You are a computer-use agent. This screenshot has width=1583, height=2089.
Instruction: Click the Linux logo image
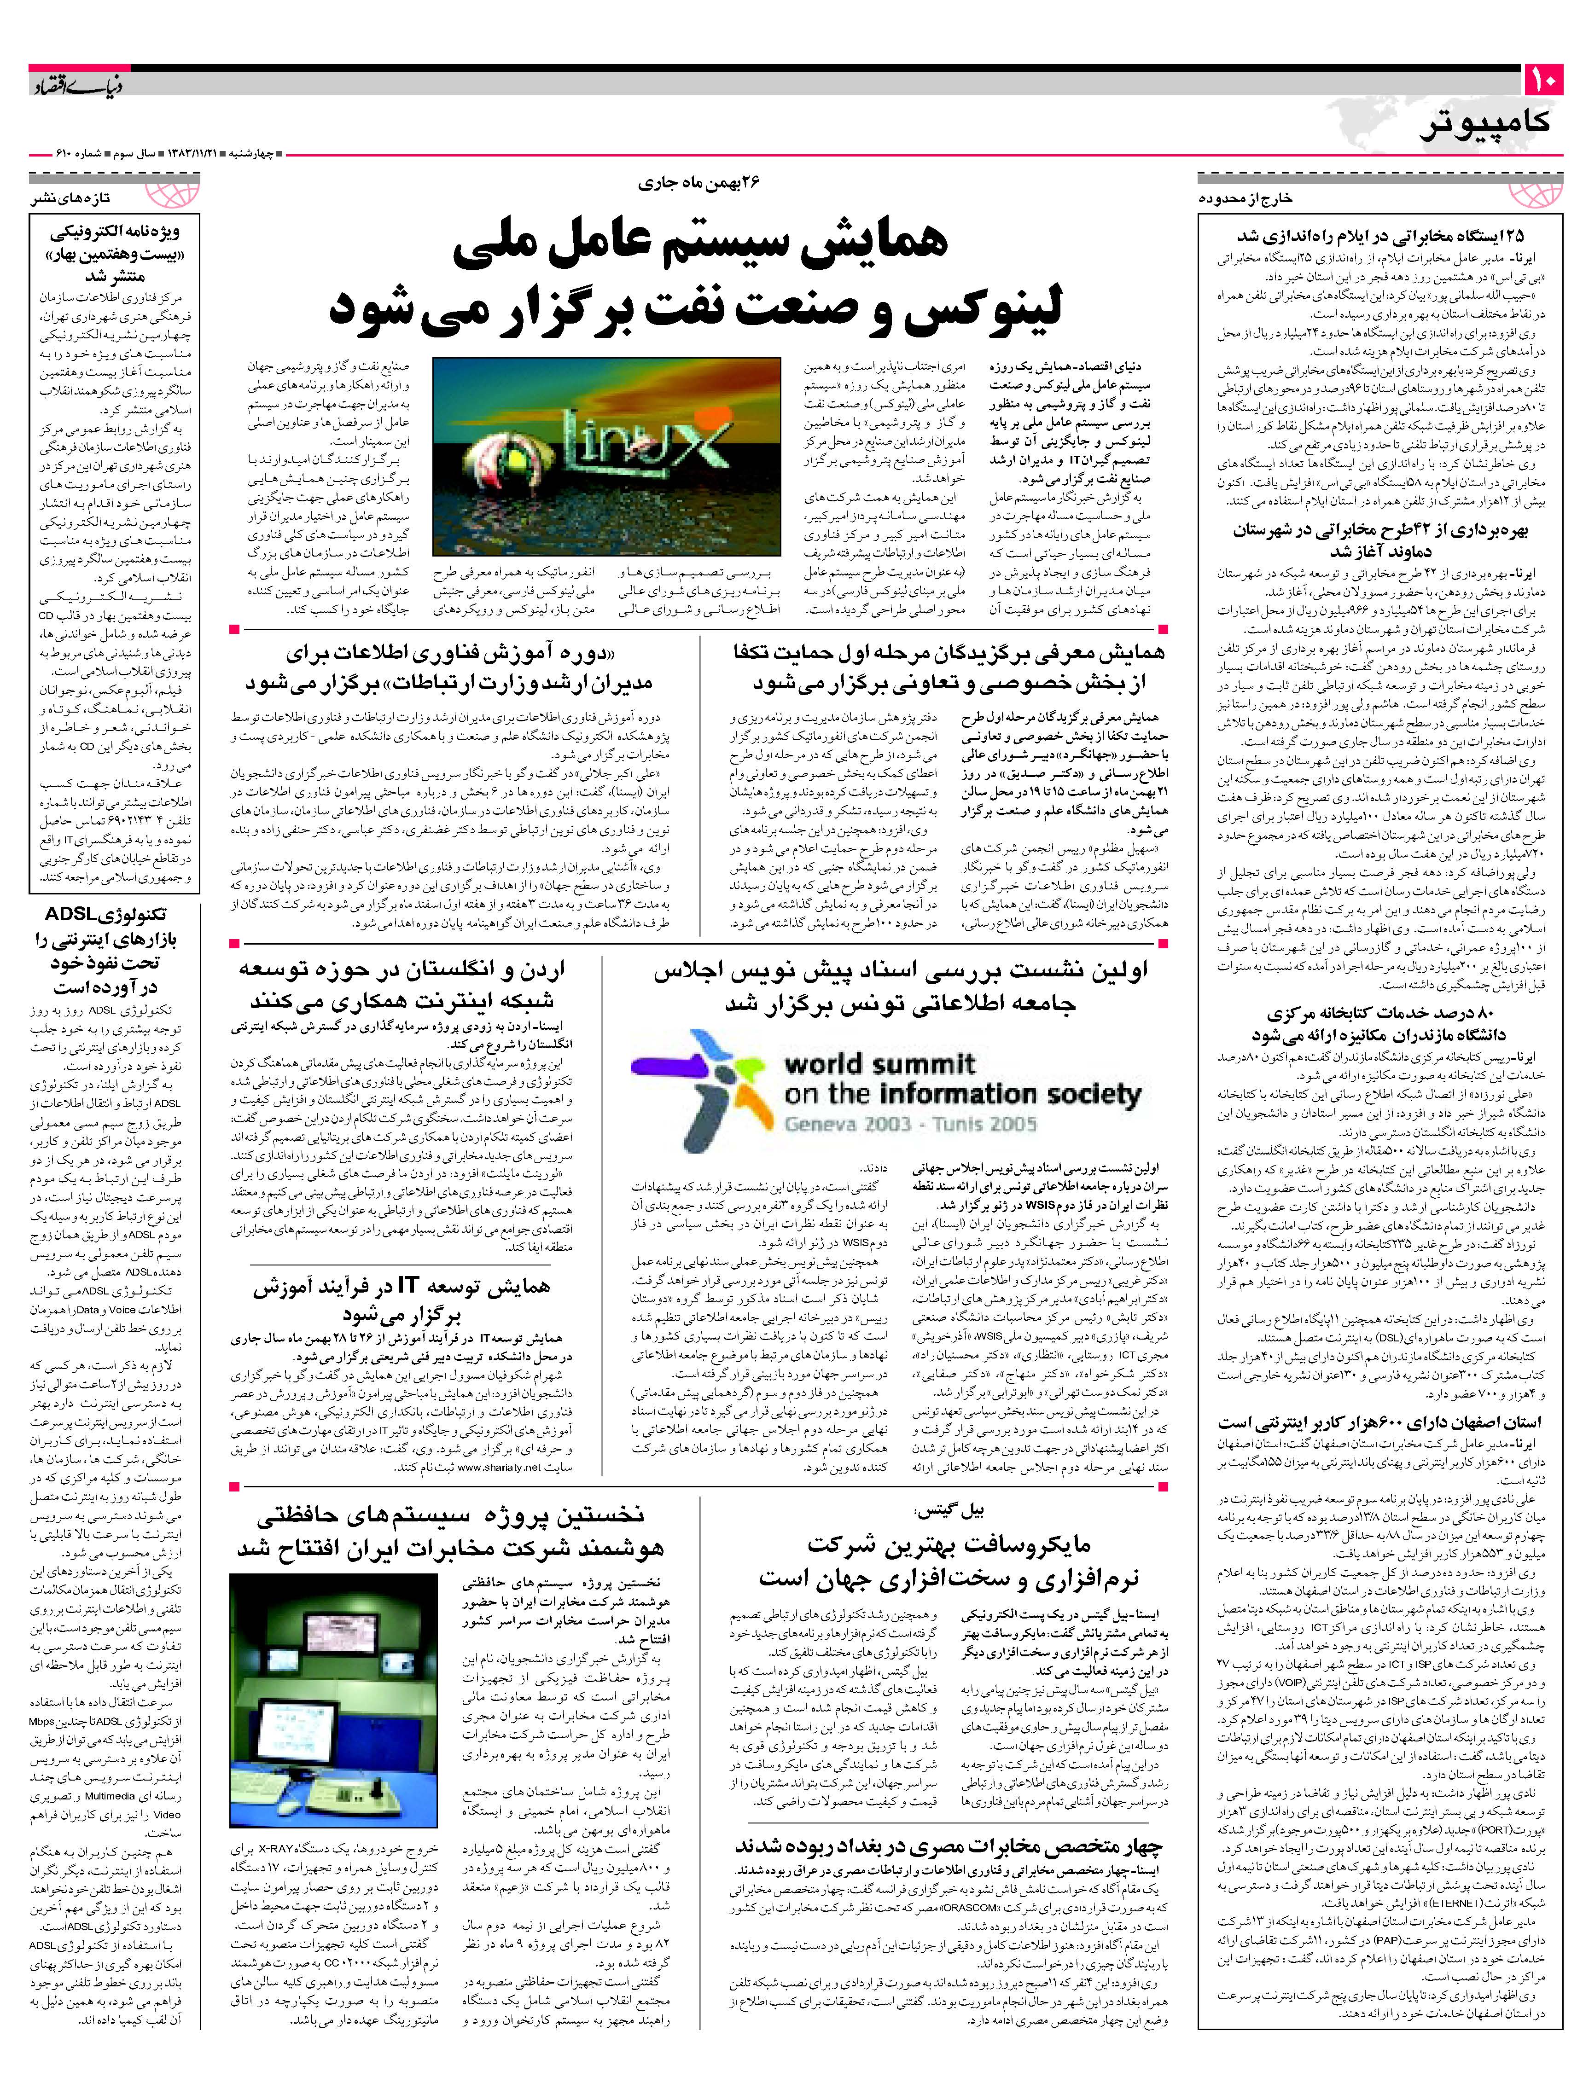606,456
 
